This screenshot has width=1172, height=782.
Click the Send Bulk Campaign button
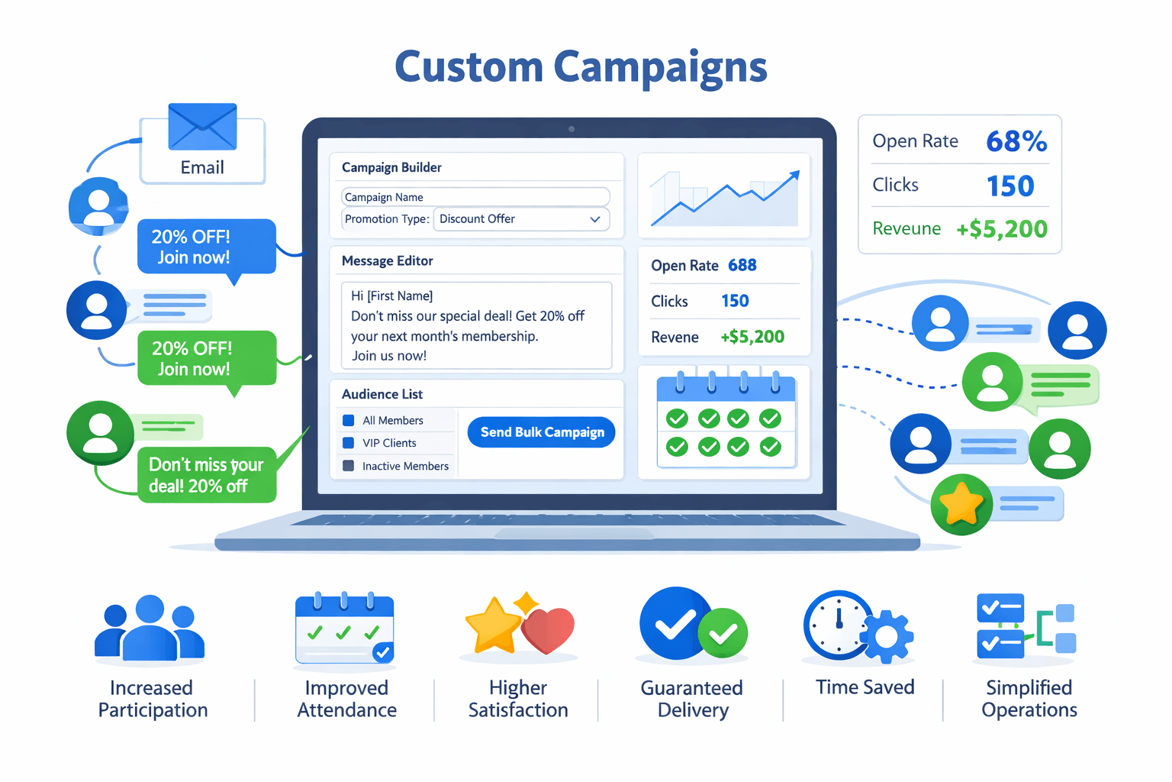pyautogui.click(x=541, y=432)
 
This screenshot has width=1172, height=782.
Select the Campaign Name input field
pyautogui.click(x=475, y=197)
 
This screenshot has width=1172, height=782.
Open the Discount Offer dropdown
pyautogui.click(x=521, y=219)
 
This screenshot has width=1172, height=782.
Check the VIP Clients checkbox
pyautogui.click(x=349, y=443)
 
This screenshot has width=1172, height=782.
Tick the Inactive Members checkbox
pyautogui.click(x=349, y=466)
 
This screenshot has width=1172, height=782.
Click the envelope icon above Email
pyautogui.click(x=202, y=127)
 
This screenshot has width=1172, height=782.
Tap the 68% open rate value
pyautogui.click(x=1016, y=141)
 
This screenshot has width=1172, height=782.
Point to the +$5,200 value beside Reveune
pyautogui.click(x=1002, y=229)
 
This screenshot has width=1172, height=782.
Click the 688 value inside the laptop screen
pyautogui.click(x=742, y=265)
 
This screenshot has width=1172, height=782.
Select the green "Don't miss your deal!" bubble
pyautogui.click(x=206, y=475)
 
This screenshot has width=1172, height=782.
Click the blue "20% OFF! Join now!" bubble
pyautogui.click(x=206, y=247)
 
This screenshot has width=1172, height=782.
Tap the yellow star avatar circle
pyautogui.click(x=961, y=504)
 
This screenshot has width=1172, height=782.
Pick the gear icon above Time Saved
pyautogui.click(x=887, y=636)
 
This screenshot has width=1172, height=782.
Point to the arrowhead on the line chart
pyautogui.click(x=795, y=175)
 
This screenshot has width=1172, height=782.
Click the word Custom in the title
pyautogui.click(x=468, y=67)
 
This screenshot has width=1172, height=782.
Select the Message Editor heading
pyautogui.click(x=388, y=261)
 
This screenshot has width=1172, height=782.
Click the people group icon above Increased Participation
pyautogui.click(x=150, y=628)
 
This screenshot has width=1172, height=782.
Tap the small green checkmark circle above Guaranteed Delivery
pyautogui.click(x=723, y=633)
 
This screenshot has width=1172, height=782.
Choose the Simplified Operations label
pyautogui.click(x=1029, y=699)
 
